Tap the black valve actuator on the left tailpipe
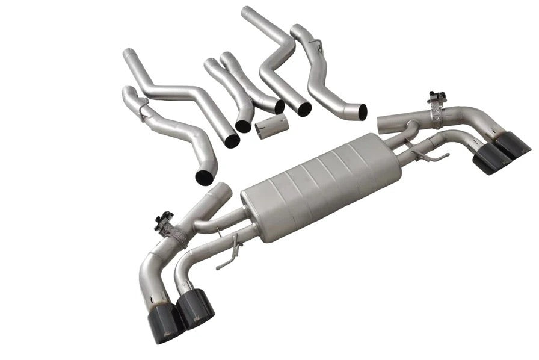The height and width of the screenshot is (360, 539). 164,221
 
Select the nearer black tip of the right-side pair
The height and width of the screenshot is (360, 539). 491,160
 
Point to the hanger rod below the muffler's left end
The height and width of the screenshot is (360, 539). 227,255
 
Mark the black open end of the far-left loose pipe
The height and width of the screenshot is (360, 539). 205,177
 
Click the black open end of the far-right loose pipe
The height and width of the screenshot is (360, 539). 361,111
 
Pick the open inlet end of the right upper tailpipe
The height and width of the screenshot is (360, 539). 386,123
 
